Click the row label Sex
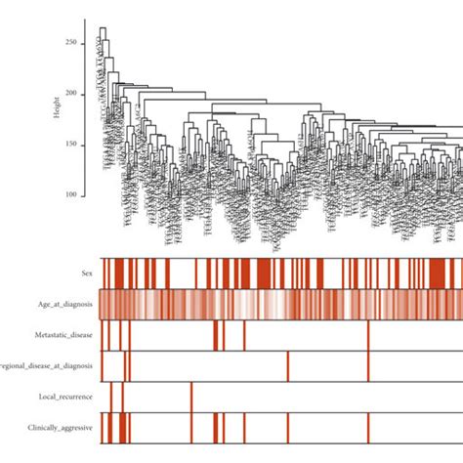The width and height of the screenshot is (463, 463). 88,274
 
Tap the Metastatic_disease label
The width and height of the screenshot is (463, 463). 63,335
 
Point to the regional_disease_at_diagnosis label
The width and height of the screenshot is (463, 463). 49,366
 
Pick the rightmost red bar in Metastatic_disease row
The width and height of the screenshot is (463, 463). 368,335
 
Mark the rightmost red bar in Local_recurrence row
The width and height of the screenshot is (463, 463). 190,397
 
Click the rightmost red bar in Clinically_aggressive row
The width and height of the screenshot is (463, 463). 368,428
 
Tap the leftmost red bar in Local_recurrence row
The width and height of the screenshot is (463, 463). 111,397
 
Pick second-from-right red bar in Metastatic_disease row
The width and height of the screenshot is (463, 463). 223,335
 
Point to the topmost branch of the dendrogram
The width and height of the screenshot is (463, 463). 103,28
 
